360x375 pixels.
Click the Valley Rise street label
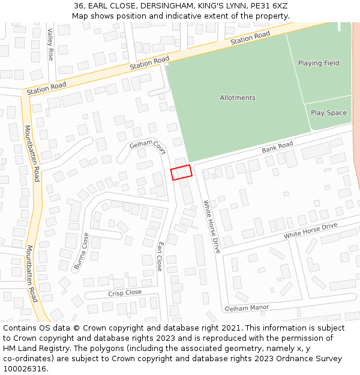point(50,44)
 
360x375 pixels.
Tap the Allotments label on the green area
point(238,98)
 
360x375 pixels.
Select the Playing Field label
point(319,63)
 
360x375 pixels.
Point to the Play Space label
point(329,113)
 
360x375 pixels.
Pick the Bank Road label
point(277,147)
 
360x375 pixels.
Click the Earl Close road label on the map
point(160,257)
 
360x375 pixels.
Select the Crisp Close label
point(125,293)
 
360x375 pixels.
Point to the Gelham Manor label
point(247,308)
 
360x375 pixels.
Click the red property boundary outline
point(181,172)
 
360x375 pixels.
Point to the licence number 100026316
point(25,369)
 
